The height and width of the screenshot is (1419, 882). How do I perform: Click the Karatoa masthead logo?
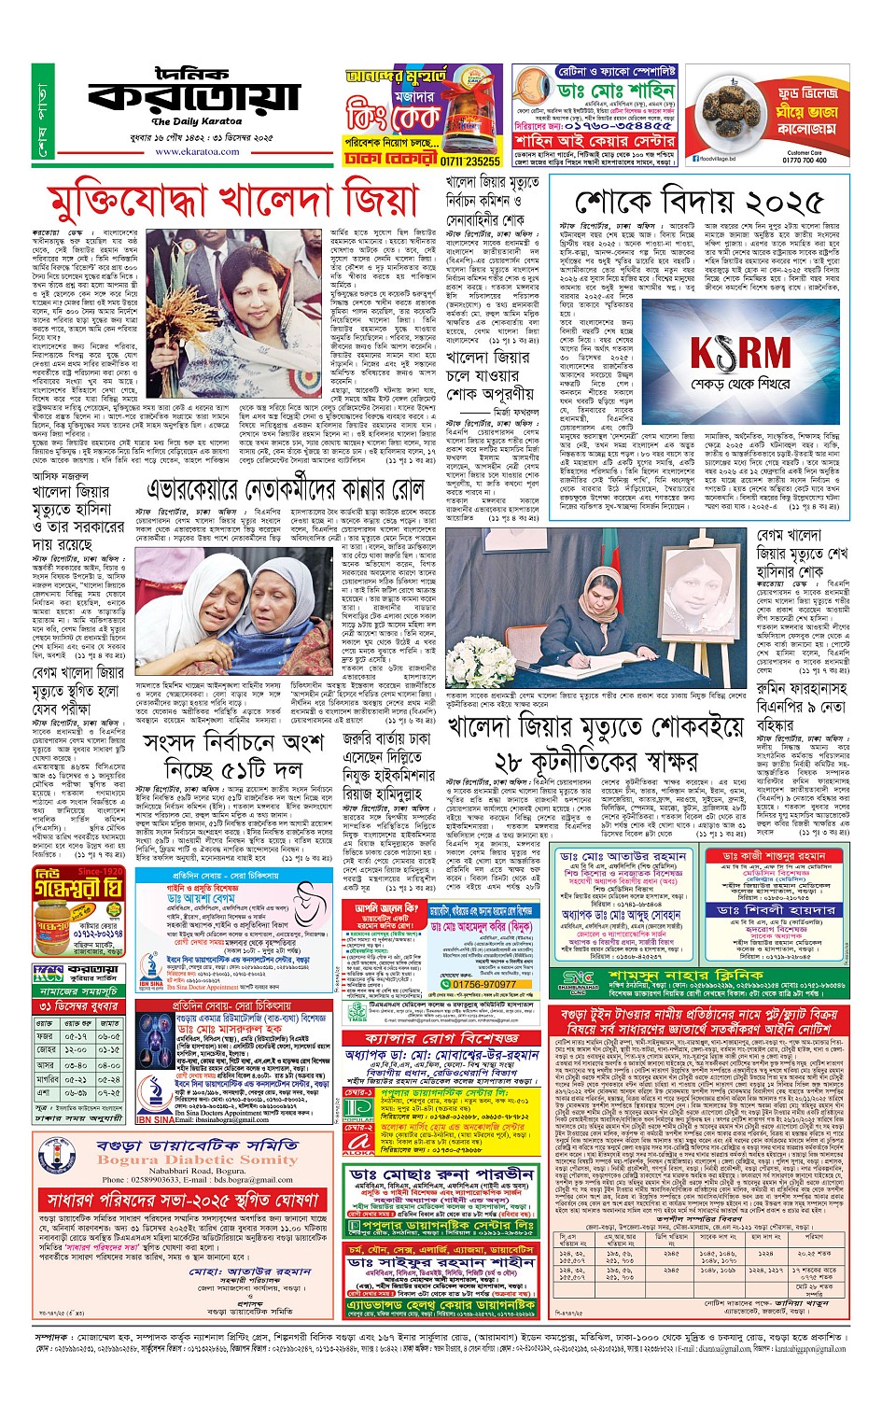(194, 95)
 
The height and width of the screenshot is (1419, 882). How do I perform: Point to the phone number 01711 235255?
(471, 162)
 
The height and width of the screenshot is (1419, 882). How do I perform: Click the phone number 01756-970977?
(483, 984)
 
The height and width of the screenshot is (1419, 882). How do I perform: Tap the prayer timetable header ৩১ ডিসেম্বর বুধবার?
(79, 1006)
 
